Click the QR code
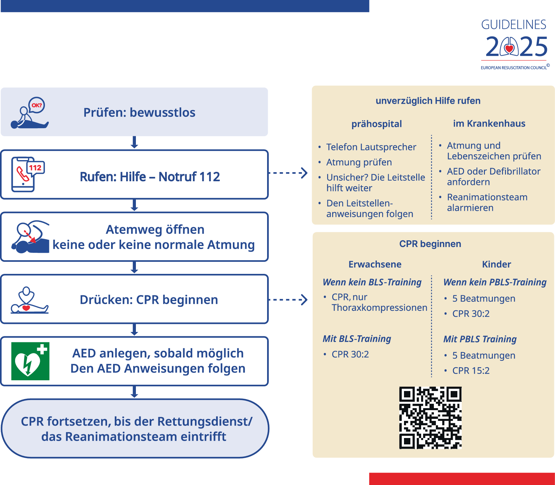[430, 418]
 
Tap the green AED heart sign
[30, 361]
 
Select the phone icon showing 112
[27, 174]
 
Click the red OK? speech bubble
[37, 105]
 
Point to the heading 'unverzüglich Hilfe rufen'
[428, 101]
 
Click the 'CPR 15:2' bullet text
[470, 371]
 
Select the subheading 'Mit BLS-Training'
[357, 339]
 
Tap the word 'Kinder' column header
[496, 264]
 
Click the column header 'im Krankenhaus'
[489, 124]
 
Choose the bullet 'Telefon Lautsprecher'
[371, 147]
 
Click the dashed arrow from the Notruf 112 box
[288, 173]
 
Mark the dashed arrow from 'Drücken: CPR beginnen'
[288, 299]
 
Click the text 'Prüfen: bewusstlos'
[139, 112]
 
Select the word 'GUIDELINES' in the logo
[513, 25]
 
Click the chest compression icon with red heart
[29, 300]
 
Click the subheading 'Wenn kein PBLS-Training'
[495, 282]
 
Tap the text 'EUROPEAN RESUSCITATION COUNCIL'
[513, 68]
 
